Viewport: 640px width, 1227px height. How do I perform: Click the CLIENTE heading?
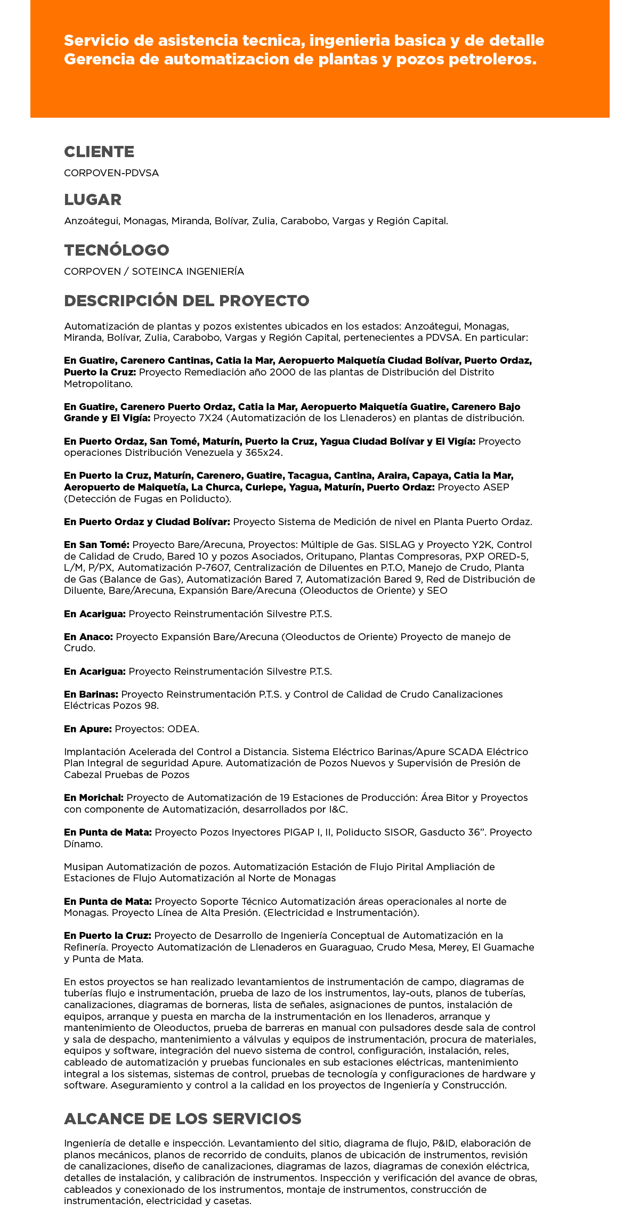click(99, 152)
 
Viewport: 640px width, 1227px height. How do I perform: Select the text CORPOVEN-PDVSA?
click(111, 173)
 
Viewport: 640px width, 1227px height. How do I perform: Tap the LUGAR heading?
click(93, 200)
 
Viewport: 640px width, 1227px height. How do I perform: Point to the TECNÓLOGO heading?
click(117, 250)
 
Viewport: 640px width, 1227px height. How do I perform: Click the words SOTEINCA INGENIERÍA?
click(188, 272)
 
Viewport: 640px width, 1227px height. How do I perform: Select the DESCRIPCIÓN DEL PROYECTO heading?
click(187, 301)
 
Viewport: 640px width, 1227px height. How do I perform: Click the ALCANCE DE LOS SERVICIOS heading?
click(183, 1119)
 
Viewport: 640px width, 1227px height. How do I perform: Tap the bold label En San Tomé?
click(96, 545)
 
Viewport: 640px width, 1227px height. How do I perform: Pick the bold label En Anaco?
click(88, 637)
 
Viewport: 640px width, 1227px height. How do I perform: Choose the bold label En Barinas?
click(91, 694)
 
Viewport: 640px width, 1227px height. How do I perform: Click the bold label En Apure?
click(88, 729)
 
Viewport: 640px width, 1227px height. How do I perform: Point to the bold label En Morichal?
click(94, 798)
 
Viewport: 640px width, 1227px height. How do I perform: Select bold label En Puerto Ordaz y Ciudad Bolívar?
click(147, 522)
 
